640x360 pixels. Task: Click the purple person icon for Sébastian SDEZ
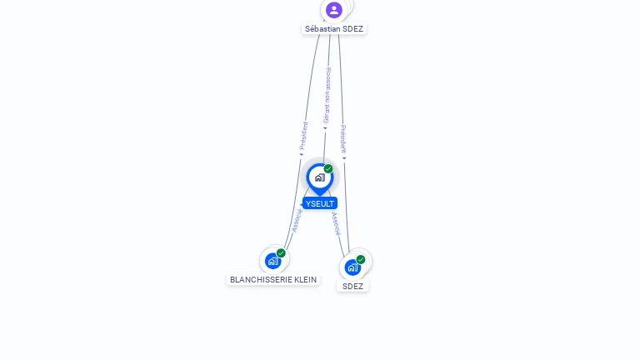(x=334, y=10)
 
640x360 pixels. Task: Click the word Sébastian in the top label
(x=322, y=28)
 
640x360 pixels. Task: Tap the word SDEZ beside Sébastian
(x=353, y=28)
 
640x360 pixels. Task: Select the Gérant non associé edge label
(x=327, y=95)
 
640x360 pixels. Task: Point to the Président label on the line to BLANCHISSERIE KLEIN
(x=304, y=135)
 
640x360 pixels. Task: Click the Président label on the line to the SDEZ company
(x=342, y=138)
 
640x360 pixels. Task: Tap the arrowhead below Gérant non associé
(x=325, y=128)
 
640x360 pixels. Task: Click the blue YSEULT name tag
(x=320, y=203)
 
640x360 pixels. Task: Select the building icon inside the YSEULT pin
(x=319, y=177)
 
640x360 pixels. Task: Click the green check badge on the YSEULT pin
(x=328, y=169)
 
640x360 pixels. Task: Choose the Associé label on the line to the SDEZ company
(x=336, y=223)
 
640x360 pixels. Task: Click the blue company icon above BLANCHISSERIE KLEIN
(x=272, y=261)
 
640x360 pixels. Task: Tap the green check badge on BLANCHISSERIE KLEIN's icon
(x=281, y=253)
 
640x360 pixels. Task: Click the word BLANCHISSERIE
(x=258, y=280)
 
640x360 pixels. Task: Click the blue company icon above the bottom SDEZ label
(x=352, y=267)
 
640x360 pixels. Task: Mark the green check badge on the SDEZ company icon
(x=361, y=259)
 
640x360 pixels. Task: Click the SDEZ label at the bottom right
(x=352, y=286)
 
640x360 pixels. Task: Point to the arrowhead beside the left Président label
(x=301, y=154)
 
